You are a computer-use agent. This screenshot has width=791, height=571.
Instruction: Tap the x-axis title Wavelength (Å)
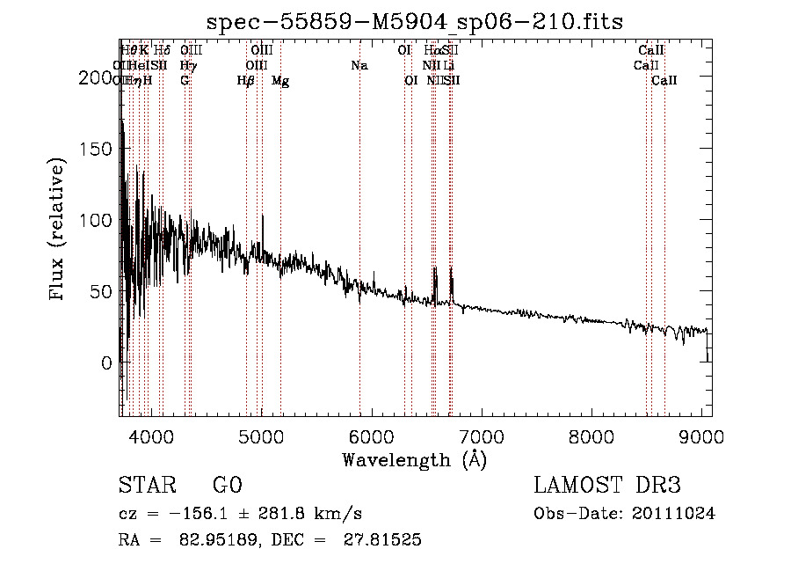tap(414, 460)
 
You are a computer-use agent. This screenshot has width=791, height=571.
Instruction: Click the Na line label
tap(359, 65)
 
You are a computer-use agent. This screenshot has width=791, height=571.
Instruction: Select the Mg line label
tap(280, 81)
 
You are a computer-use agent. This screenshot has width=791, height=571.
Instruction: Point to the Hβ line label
tap(246, 81)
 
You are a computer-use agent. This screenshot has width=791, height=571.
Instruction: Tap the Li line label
tap(448, 65)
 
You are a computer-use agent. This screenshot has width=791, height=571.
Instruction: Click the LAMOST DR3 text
tap(607, 486)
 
